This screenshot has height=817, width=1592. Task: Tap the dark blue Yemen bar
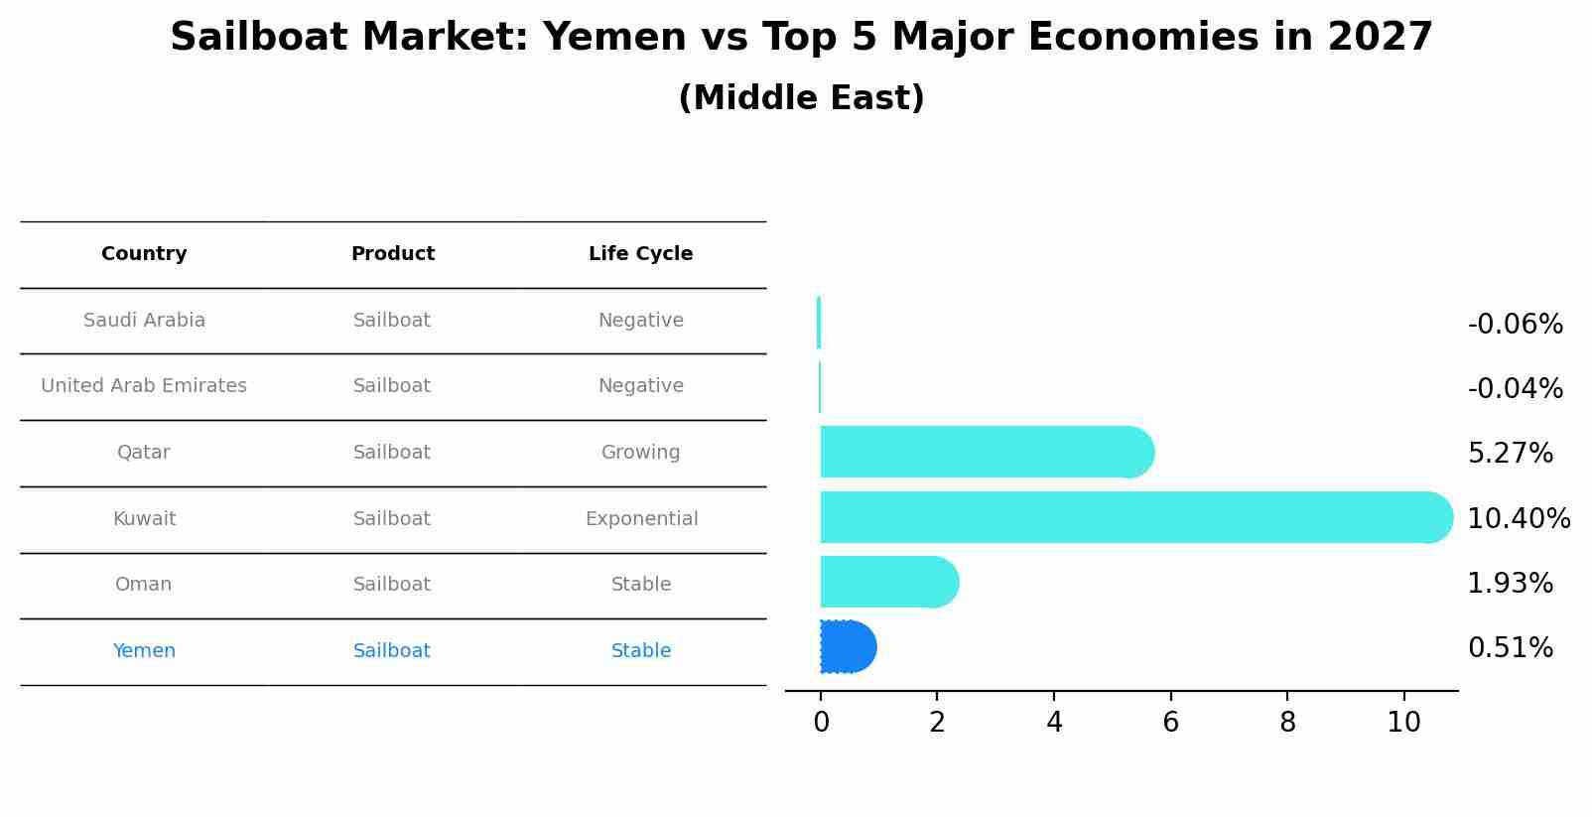pos(847,647)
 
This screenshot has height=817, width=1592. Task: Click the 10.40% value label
pos(1518,518)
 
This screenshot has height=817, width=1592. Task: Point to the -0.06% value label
pos(1515,325)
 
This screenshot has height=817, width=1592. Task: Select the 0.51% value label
pos(1510,648)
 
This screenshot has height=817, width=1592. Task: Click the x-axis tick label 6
pos(1170,723)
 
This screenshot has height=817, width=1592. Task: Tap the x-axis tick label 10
pos(1403,723)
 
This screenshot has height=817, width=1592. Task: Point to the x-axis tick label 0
pos(821,723)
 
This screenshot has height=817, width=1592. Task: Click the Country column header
pos(144,254)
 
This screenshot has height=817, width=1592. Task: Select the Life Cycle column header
pos(640,254)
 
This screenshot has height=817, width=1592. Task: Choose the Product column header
pos(392,254)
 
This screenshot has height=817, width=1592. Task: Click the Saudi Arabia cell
pos(144,321)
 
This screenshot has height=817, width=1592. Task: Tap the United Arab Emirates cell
pos(144,386)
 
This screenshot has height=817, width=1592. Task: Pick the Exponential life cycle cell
pos(641,519)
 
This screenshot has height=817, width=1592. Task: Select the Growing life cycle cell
pos(640,453)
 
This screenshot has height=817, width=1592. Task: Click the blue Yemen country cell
pos(144,651)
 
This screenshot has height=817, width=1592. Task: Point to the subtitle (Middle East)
pos(801,98)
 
